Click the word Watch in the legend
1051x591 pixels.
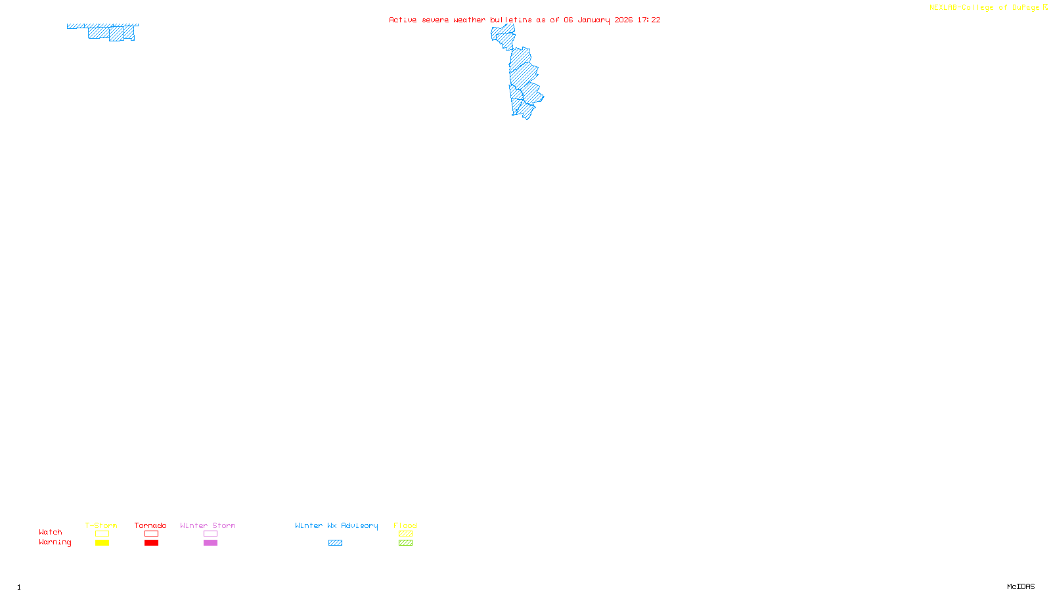click(51, 533)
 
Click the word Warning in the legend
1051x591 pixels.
click(55, 542)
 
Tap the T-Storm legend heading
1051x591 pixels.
click(101, 525)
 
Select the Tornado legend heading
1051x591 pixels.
click(150, 525)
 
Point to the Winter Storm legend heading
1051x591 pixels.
click(208, 525)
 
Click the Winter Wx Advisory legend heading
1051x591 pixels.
click(336, 525)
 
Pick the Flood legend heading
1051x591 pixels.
click(405, 525)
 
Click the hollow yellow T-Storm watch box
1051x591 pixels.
click(102, 534)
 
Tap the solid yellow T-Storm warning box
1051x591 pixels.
click(102, 543)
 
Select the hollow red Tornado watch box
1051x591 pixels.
click(151, 534)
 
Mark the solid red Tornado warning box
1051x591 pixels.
click(151, 543)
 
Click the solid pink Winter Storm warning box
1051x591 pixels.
click(210, 543)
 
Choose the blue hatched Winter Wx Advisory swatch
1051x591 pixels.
click(335, 543)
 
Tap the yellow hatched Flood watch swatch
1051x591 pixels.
click(405, 534)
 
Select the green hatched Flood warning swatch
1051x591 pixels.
click(405, 543)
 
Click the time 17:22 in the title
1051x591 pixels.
click(648, 20)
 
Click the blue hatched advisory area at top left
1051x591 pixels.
click(105, 32)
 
